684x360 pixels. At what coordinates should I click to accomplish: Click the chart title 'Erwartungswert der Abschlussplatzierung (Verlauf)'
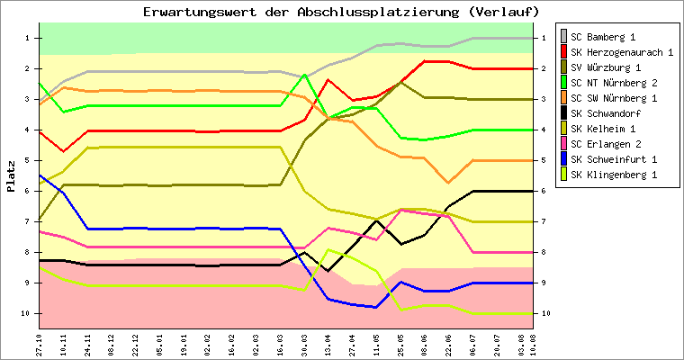click(341, 12)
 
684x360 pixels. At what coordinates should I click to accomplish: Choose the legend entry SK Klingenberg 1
click(612, 175)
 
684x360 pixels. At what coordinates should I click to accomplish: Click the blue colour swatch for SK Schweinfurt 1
click(563, 159)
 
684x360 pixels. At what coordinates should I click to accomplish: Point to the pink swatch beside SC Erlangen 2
click(563, 144)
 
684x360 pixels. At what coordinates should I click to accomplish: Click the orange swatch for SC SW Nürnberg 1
click(563, 98)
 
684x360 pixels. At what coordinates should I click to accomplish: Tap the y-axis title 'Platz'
click(12, 176)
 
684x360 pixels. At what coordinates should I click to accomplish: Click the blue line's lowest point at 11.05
click(376, 308)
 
